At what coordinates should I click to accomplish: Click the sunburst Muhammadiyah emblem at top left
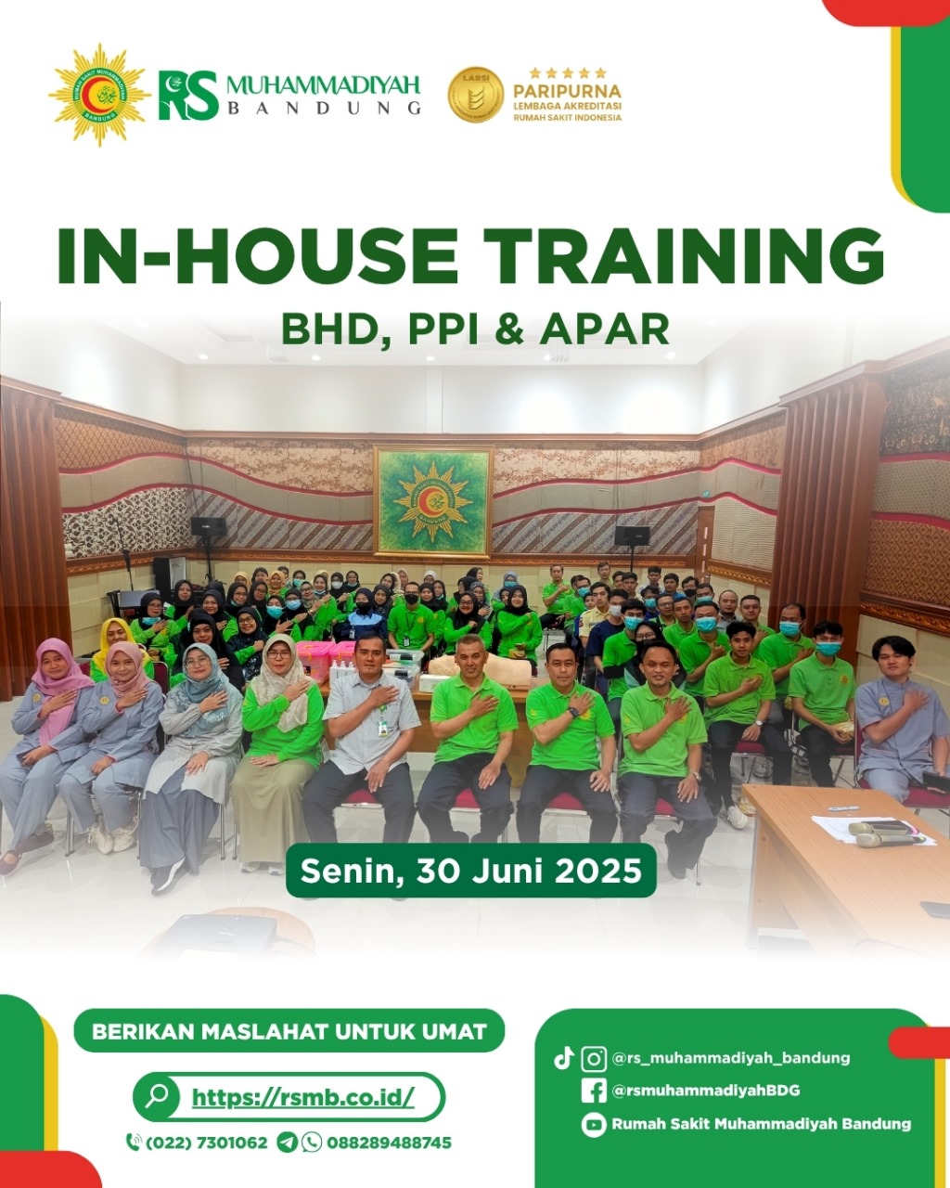pos(99,95)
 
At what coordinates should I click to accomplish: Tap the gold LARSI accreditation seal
pos(475,95)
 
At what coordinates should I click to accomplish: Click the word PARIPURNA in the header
pos(567,91)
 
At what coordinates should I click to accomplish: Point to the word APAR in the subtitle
pos(605,329)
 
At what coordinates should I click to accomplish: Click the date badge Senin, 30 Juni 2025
pos(471,871)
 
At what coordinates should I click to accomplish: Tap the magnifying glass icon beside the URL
pos(158,1097)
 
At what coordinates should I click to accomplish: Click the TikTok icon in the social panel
pos(563,1058)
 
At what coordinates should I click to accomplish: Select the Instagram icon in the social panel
pos(594,1059)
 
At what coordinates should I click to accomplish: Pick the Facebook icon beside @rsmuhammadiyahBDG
pos(594,1091)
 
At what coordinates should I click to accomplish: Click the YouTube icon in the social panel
pos(594,1125)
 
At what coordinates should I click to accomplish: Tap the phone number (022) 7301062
pos(207,1143)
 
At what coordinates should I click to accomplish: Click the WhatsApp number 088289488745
pos(389,1143)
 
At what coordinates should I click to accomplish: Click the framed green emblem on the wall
pos(434,501)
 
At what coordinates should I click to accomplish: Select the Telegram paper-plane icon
pos(287,1143)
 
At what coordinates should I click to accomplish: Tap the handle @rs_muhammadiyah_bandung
pos(731,1058)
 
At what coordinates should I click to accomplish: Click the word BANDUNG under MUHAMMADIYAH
pos(325,108)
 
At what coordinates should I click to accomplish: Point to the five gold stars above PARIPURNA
pos(568,73)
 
